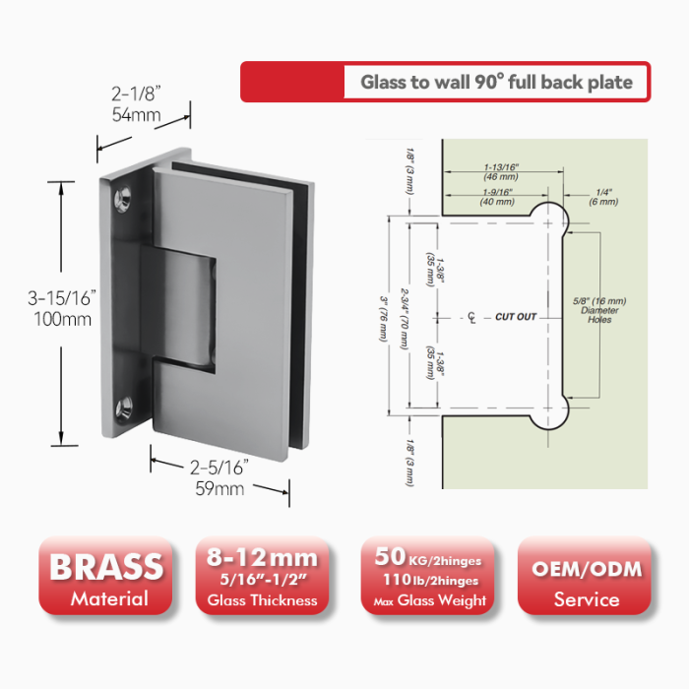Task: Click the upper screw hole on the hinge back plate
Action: coord(123,199)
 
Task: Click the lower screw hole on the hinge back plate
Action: coord(124,408)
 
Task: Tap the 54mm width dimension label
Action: coord(136,115)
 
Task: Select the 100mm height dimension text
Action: coord(63,319)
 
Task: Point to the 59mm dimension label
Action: coord(219,488)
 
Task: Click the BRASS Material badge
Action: coord(105,576)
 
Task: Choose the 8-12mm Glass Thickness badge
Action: coord(263,576)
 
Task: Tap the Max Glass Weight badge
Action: coord(428,576)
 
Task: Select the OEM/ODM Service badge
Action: coord(585,576)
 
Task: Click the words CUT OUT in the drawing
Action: coord(516,317)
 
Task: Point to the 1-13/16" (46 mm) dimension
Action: coord(501,172)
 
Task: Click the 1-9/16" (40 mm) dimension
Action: coord(497,197)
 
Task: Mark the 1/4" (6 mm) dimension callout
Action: coord(603,197)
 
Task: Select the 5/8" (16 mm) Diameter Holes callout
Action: coord(599,310)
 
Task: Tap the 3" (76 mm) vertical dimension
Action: coord(384,319)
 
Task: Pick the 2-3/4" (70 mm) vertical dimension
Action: coord(405,319)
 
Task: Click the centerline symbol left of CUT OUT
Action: coord(471,317)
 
